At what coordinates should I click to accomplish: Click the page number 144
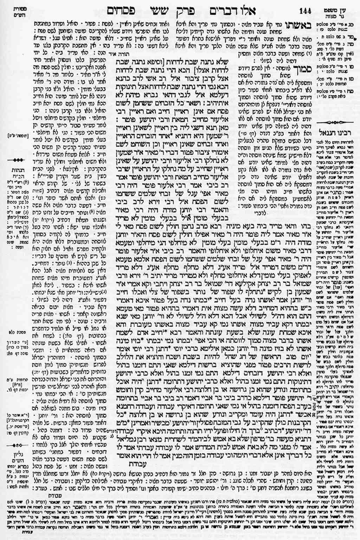click(306, 10)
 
